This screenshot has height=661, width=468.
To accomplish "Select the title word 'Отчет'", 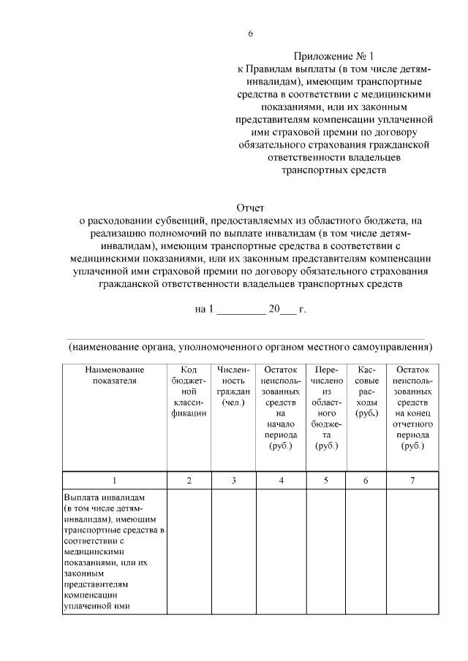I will coord(251,208).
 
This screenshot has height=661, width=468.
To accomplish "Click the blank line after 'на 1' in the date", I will coord(241,309).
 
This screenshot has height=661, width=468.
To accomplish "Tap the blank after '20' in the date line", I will coord(289,309).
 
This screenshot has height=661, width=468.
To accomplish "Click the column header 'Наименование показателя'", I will coord(114,375).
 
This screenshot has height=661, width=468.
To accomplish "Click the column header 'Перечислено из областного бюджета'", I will coord(326,408).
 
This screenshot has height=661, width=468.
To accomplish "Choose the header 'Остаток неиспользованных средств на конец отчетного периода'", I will coord(413,408).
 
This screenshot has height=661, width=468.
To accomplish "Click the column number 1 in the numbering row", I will coord(114,480).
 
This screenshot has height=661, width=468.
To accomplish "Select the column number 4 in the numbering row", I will coord(281,480).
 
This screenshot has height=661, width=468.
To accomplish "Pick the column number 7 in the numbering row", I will coord(413,480).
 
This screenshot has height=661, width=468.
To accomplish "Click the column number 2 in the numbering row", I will coord(189,480).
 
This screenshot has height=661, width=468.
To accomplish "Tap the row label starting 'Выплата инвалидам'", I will coord(114,549).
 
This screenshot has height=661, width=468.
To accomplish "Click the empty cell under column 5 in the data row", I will coord(326,549).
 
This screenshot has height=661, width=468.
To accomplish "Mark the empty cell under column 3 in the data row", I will coord(233,549).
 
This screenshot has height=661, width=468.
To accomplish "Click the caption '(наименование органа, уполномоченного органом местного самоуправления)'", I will coord(251,346).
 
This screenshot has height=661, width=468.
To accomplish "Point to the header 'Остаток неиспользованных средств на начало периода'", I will coord(281,408).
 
